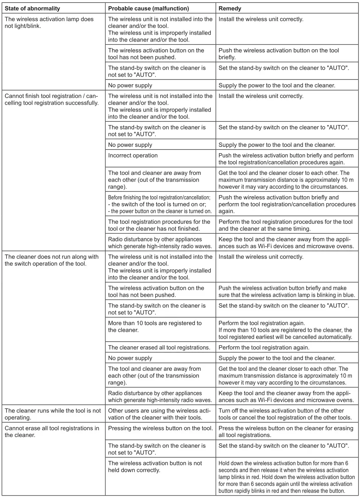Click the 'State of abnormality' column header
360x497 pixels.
click(32, 8)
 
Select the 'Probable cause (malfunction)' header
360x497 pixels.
click(148, 8)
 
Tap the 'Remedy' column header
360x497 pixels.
click(230, 8)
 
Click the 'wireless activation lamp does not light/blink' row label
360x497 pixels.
click(49, 22)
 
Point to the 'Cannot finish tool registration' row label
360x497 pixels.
click(51, 99)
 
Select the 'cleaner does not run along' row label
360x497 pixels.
click(51, 260)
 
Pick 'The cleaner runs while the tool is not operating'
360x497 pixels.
click(52, 414)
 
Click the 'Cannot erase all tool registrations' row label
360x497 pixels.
click(52, 431)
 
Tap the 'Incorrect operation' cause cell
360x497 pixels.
click(133, 155)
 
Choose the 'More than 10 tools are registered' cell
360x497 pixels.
click(155, 327)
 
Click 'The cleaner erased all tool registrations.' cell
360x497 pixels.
click(159, 348)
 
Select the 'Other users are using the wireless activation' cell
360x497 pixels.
click(159, 414)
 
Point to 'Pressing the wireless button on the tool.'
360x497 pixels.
click(160, 428)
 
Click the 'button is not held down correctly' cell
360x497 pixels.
click(155, 467)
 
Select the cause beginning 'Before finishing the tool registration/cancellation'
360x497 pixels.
click(160, 204)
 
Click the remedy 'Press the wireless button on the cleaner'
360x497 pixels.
click(286, 431)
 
